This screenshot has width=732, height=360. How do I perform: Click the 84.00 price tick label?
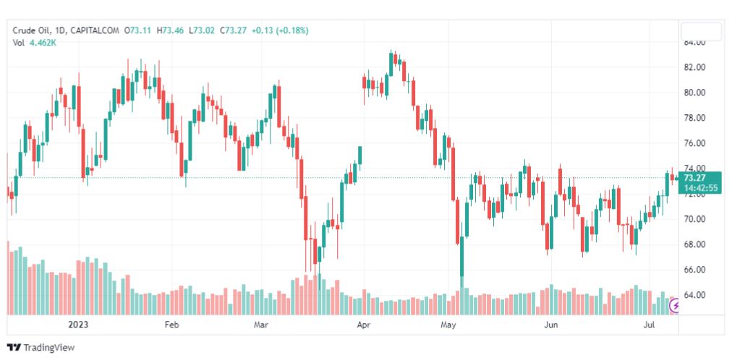[x=695, y=43]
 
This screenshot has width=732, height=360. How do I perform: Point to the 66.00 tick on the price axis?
[x=695, y=270]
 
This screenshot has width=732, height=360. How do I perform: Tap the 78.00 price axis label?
[x=695, y=118]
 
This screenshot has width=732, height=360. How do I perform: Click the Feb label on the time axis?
[x=171, y=325]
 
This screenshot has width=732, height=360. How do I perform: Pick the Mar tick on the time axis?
[x=260, y=325]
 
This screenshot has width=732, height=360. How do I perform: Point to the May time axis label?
[x=451, y=325]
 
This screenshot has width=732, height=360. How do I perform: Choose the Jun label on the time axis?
[x=551, y=325]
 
